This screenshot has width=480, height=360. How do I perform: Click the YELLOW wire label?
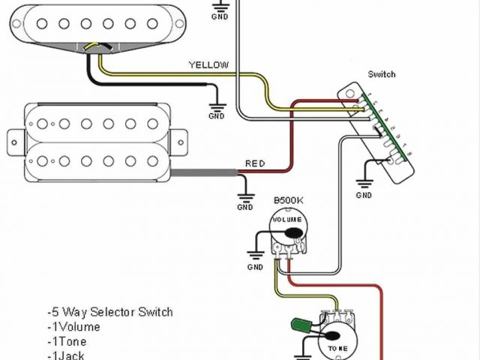pos(208,65)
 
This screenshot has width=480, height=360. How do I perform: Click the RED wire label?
pos(255,163)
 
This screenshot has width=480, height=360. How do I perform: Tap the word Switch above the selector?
pos(382,74)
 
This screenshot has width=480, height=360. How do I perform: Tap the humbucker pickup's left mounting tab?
pos(16,140)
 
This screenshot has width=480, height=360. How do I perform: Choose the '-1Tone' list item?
pos(67,341)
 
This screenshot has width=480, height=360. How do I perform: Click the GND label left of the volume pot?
pos(256,267)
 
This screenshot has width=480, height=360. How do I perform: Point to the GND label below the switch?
pos(364,195)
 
